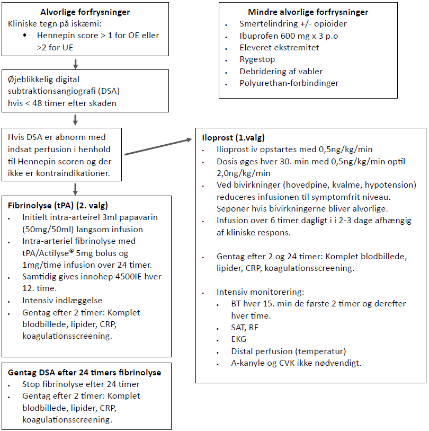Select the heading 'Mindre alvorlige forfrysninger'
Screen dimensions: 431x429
pos(308,12)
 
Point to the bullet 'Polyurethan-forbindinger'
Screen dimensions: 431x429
pos(289,83)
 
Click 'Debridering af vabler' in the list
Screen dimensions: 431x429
pos(281,71)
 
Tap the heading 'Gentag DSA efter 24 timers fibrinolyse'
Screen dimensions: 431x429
pos(85,373)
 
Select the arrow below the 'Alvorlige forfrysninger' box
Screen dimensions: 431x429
pos(76,64)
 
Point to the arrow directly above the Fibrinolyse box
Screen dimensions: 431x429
pos(76,188)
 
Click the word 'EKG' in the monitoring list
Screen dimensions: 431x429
pos(239,339)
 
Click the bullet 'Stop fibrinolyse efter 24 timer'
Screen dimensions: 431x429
pos(81,384)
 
